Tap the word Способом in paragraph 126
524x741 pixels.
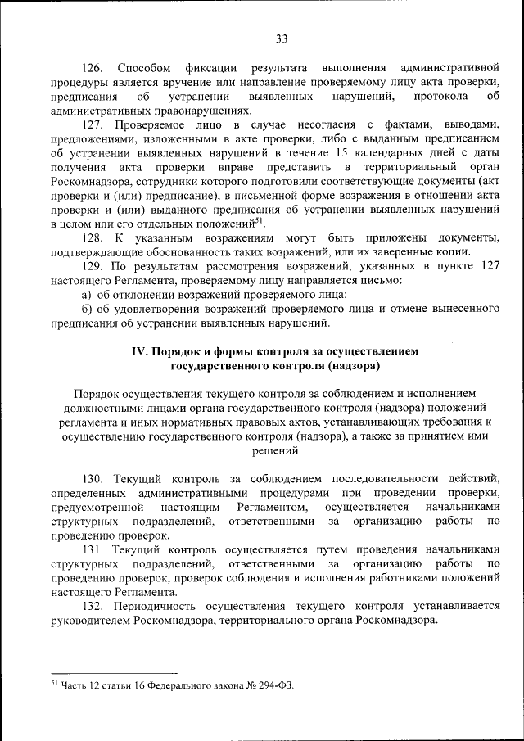tap(143, 65)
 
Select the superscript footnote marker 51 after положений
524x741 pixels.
tap(259, 219)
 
